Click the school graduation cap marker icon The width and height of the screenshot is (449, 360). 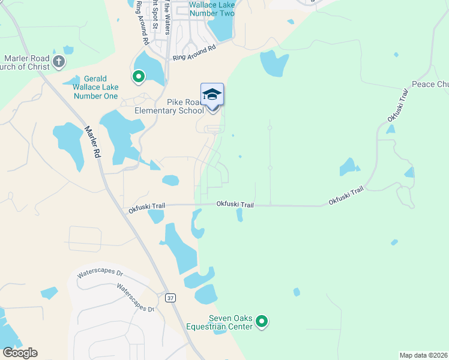point(212,95)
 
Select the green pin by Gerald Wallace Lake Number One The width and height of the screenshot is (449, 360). point(139,76)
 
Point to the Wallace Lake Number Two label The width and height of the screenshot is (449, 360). point(211,8)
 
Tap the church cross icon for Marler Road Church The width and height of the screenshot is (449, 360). point(59,61)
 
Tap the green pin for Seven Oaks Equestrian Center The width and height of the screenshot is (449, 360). point(262,322)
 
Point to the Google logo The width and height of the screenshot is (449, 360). point(20,353)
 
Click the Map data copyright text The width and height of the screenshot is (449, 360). point(424,355)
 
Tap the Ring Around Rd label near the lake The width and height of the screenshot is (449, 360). point(194,53)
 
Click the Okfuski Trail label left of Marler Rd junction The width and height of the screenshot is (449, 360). point(146,208)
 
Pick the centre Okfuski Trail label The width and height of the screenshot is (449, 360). point(235,205)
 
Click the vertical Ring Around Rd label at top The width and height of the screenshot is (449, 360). point(141,23)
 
